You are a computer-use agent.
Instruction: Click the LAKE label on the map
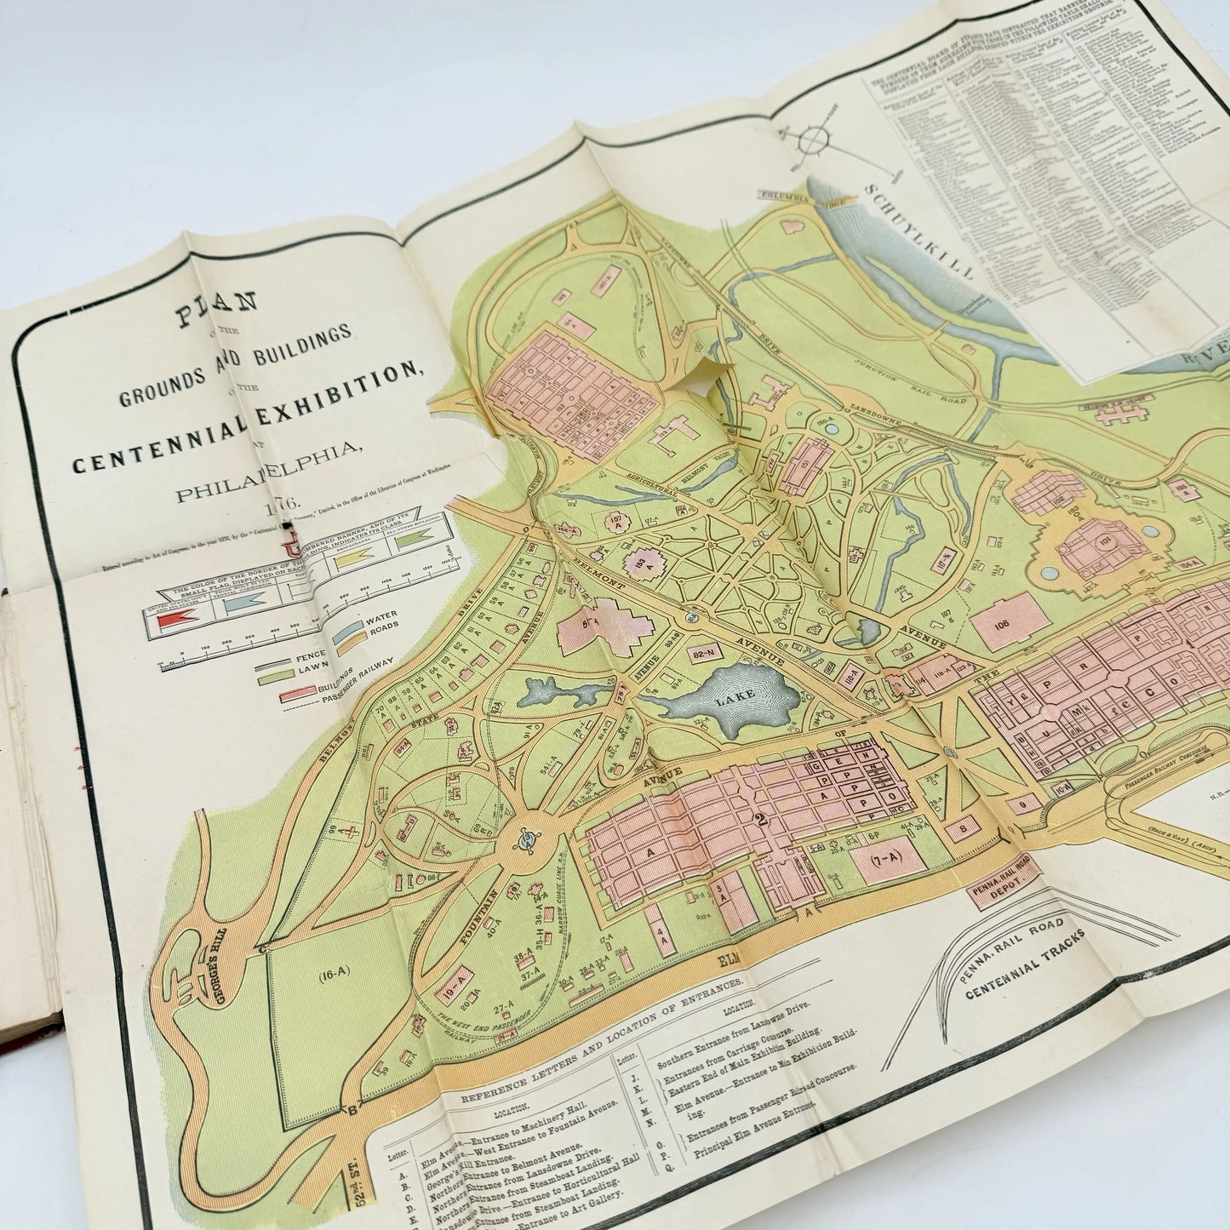point(735,696)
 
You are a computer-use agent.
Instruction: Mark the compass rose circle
point(815,140)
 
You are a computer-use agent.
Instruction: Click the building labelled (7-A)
point(886,860)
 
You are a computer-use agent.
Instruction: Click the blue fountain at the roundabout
point(528,844)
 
